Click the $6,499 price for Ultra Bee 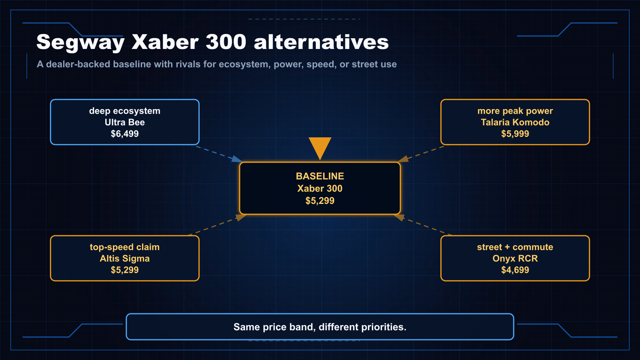coord(124,134)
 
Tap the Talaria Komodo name coord(515,122)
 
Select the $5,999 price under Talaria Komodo coord(515,134)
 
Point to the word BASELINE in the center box coord(320,176)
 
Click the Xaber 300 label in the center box coord(320,189)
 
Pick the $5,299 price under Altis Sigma coord(124,270)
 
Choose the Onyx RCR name coord(515,258)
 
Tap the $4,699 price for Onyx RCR coord(515,270)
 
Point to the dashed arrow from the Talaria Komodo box coord(421,154)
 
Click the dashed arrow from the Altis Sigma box coord(217,225)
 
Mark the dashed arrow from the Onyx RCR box coord(423,225)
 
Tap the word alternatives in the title coord(321,42)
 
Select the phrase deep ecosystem coord(124,111)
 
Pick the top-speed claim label coord(124,247)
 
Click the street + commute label coord(515,247)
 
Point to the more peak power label coord(515,111)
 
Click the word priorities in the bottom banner coord(384,327)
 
